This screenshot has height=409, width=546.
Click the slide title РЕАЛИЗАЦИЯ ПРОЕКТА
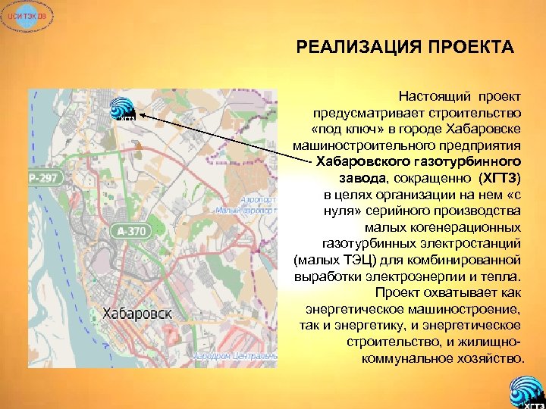(405, 49)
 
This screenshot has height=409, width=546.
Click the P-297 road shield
(43, 179)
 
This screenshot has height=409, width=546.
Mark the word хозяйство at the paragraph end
(489, 357)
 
